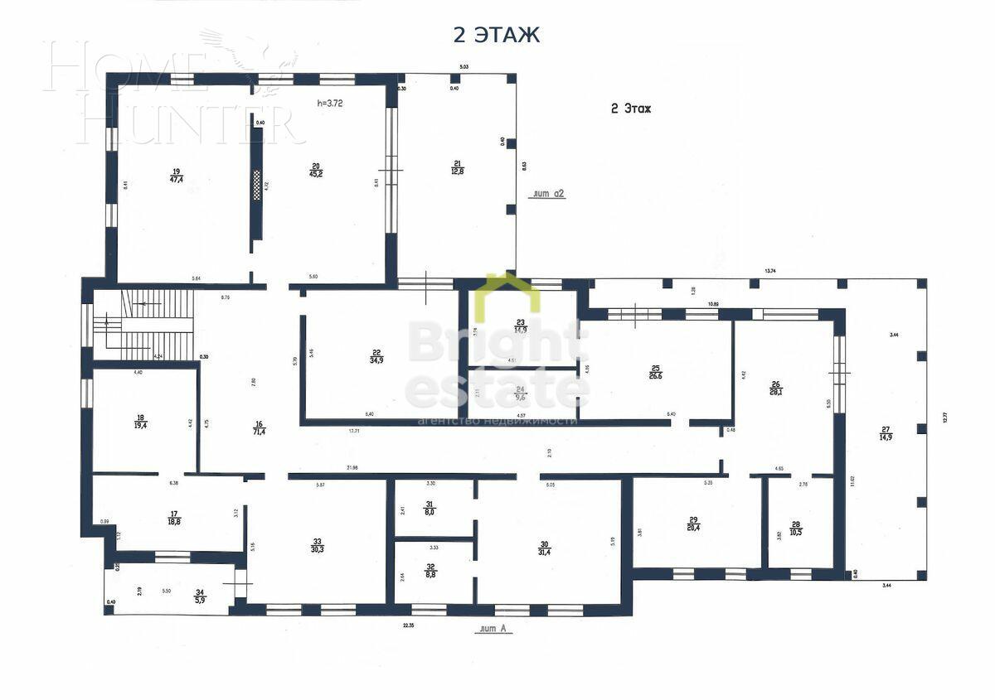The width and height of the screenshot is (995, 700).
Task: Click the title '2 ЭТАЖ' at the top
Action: point(496,35)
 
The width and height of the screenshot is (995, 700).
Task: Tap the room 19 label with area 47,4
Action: point(176,175)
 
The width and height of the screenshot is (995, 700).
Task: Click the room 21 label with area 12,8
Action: point(457,168)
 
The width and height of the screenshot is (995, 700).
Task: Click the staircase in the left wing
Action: point(149,323)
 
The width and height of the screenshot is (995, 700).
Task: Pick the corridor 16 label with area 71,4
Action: point(259,427)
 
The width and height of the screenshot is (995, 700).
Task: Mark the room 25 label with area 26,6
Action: point(655,371)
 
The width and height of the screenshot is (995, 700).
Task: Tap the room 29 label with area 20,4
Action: point(692,523)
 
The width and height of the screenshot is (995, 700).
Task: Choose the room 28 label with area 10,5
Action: point(796,527)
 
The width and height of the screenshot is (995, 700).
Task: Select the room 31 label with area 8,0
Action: point(430,509)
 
